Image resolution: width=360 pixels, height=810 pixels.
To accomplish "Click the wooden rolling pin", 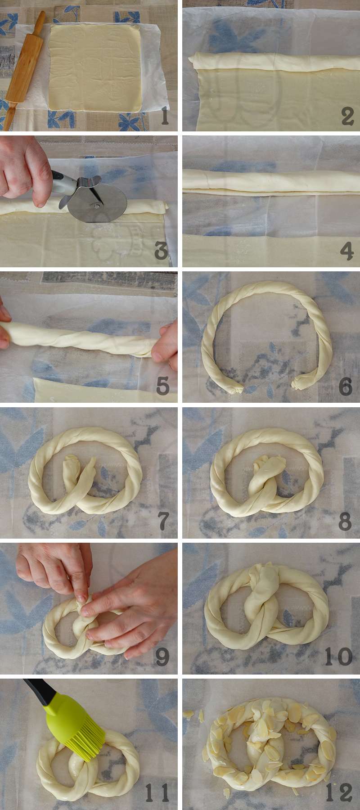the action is click(x=24, y=70).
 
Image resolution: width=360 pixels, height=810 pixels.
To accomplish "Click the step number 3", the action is click(x=161, y=251).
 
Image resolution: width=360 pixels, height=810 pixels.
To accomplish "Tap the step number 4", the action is click(x=346, y=251).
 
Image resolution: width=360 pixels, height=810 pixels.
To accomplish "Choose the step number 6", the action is click(x=346, y=386).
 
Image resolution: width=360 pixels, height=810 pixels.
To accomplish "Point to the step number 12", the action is click(x=338, y=793).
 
